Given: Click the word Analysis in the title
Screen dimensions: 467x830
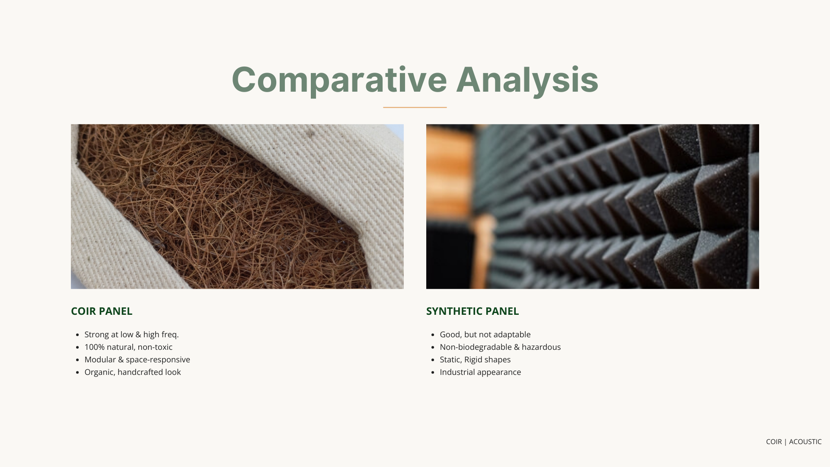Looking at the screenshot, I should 527,80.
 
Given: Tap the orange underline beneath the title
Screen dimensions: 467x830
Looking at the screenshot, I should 415,107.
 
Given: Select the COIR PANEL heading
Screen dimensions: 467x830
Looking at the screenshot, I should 102,311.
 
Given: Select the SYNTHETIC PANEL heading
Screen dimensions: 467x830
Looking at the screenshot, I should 472,311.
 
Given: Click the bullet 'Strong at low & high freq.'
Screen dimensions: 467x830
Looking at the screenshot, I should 131,335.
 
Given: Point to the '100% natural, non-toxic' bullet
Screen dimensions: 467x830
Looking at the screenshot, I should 128,347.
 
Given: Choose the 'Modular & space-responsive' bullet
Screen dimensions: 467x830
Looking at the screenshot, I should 137,360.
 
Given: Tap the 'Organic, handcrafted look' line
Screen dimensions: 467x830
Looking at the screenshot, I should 132,372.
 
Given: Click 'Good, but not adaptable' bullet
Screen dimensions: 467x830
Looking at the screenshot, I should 485,335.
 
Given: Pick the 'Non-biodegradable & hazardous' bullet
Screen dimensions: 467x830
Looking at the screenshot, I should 500,347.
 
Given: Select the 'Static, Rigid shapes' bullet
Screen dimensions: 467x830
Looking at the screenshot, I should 475,360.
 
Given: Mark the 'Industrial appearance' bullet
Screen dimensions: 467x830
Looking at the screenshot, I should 480,372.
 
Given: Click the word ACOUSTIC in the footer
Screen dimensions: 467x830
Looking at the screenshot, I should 805,442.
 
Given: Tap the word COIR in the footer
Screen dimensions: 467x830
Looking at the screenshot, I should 774,442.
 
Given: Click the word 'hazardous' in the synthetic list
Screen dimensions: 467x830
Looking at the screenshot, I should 541,347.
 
